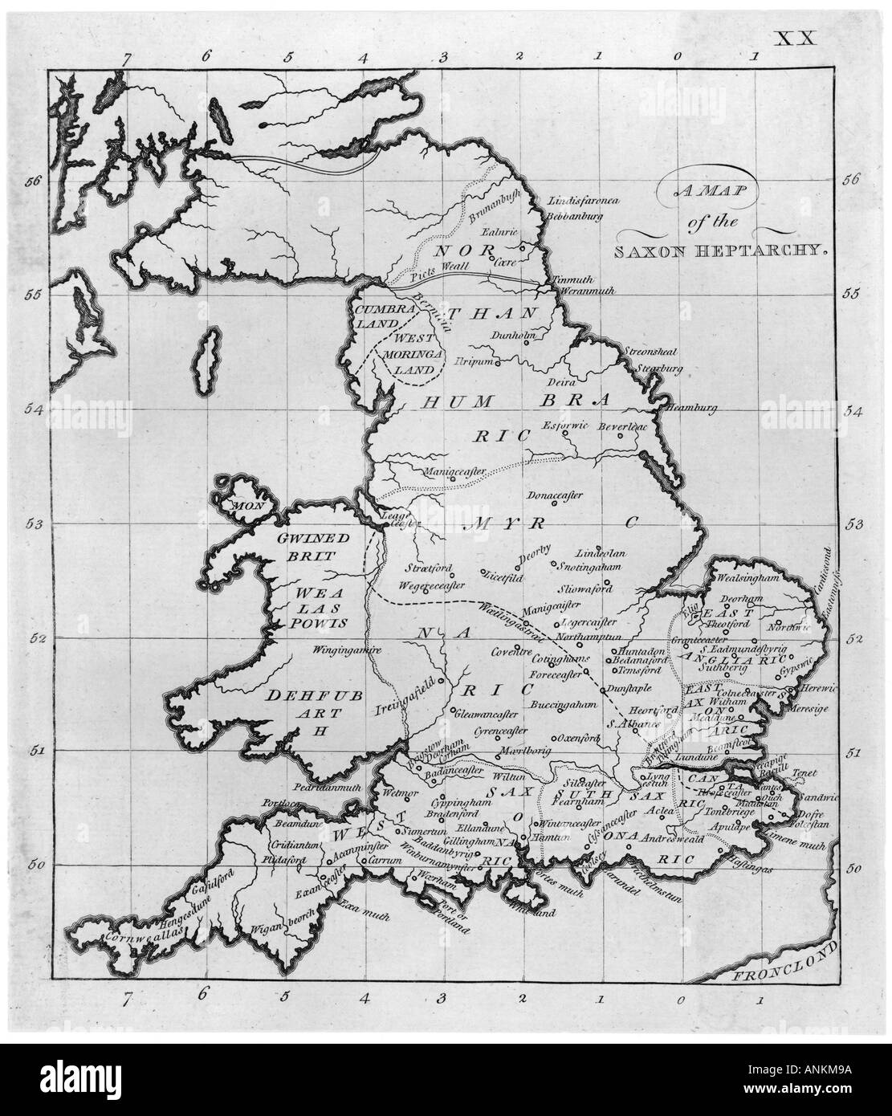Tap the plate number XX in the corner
[794, 38]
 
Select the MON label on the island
[242, 507]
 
